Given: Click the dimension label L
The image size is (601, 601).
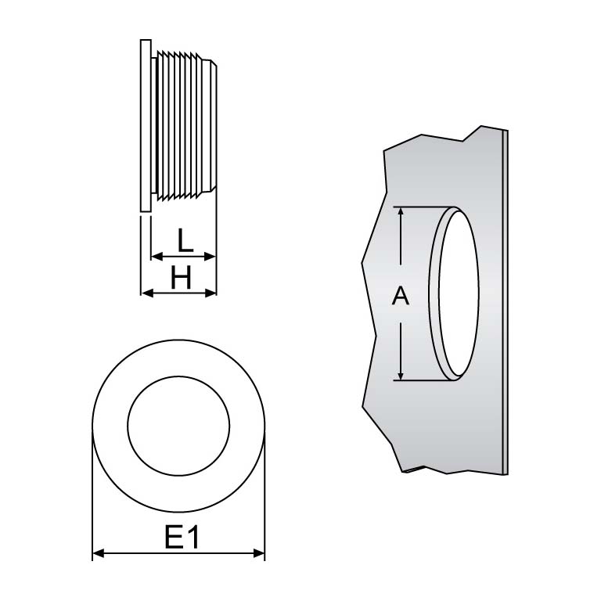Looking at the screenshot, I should coord(184,239).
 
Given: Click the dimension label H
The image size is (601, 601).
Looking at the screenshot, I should coord(181,277).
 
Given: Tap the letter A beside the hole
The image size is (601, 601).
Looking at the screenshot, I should coord(400,296).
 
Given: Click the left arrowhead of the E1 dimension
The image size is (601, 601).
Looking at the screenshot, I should coord(98,554).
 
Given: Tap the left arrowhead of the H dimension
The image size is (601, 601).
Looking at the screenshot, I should coord(146,293).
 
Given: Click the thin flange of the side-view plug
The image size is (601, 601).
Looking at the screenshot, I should coord(145,125).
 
